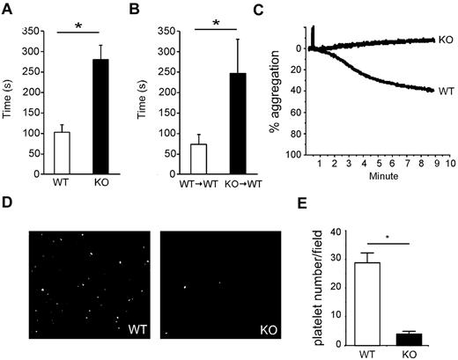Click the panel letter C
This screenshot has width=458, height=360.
282,10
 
